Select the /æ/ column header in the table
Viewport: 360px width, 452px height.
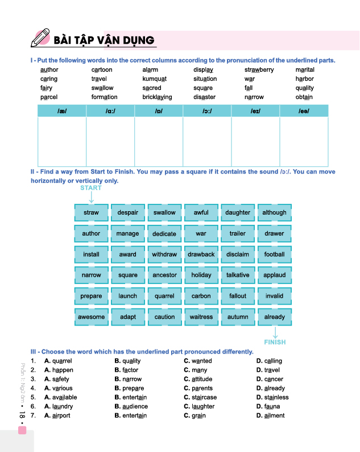pos(62,110)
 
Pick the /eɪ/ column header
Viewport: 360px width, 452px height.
pos(255,110)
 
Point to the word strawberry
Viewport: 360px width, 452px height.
pos(259,70)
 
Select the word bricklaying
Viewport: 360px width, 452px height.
pos(157,97)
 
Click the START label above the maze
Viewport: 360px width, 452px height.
pos(91,188)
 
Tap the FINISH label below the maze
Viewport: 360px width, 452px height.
pos(275,342)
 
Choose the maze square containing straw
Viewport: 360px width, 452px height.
pos(91,213)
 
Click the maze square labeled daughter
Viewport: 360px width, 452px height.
pos(238,213)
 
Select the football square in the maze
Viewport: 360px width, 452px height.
pos(274,254)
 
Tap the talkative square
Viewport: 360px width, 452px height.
pos(238,275)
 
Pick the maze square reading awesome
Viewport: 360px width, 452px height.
pos(91,317)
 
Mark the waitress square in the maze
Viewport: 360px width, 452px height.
pos(201,317)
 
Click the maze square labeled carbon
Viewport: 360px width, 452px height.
pos(201,296)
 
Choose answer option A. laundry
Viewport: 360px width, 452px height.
pos(58,406)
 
